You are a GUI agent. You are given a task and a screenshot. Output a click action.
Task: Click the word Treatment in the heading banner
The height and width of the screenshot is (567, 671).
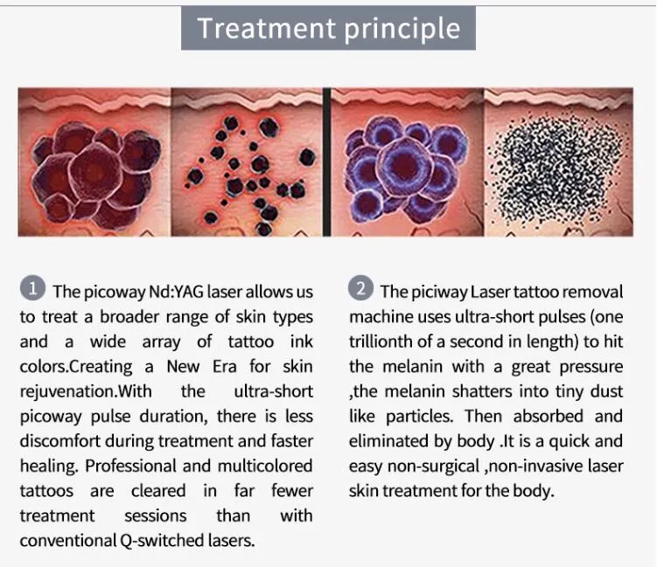[267, 28]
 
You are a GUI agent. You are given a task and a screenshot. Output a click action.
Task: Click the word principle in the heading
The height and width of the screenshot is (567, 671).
[402, 30]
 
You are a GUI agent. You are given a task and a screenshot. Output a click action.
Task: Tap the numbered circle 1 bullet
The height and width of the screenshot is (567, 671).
[32, 288]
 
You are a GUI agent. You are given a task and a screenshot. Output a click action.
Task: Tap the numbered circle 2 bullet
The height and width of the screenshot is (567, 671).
[360, 288]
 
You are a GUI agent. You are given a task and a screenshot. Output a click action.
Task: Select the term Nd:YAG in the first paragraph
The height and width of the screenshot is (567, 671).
[176, 292]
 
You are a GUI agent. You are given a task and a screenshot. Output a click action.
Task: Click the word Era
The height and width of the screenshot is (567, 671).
[224, 367]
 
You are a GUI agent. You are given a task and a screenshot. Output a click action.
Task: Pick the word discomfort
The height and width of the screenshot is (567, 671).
[59, 441]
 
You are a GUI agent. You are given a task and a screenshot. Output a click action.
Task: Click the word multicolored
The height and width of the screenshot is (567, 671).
[265, 466]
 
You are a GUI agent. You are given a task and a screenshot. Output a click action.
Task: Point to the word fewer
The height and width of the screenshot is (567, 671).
[292, 490]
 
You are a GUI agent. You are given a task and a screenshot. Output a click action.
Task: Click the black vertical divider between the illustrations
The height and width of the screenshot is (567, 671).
[326, 162]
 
